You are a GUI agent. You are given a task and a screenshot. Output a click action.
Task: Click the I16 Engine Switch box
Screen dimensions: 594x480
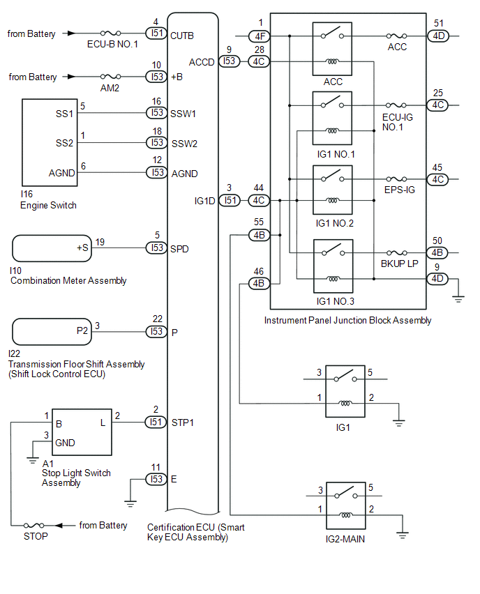point(50,143)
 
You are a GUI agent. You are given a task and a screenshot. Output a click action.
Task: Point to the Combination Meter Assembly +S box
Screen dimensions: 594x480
point(52,248)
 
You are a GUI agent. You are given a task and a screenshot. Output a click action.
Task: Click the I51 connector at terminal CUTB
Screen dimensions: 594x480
point(156,33)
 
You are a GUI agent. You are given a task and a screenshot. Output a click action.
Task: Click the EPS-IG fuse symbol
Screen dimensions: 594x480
point(400,179)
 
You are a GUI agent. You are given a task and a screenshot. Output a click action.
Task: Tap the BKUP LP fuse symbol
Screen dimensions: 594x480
point(400,253)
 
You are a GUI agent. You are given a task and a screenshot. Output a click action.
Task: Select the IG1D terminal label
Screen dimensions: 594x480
point(204,201)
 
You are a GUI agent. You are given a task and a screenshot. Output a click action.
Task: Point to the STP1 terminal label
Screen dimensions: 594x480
point(183,422)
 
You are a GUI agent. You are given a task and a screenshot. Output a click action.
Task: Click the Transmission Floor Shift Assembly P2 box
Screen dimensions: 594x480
point(52,331)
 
